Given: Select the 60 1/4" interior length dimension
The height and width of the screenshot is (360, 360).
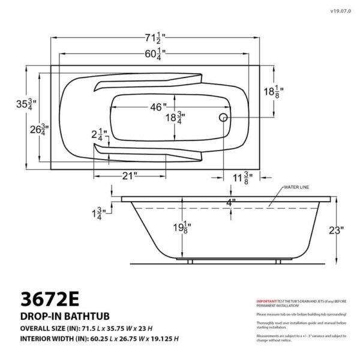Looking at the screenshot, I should point(155,55).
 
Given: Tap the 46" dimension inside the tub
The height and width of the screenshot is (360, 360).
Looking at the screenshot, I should point(158,107).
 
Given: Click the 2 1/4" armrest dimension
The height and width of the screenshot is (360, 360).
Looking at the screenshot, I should point(98,134).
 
